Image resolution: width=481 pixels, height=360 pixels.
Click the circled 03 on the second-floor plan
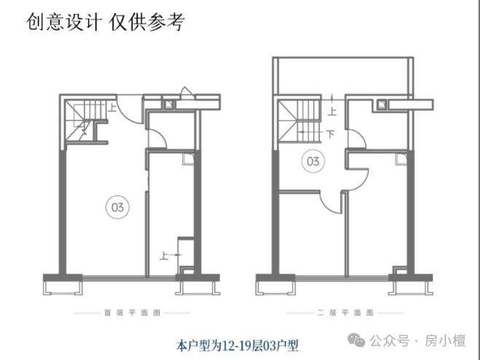312,161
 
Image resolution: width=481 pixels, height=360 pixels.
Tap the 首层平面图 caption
132,313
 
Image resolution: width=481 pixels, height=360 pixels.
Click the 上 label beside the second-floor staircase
332,112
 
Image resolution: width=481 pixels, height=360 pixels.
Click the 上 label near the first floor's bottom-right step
165,254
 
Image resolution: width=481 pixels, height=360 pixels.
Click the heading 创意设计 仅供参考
106,22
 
